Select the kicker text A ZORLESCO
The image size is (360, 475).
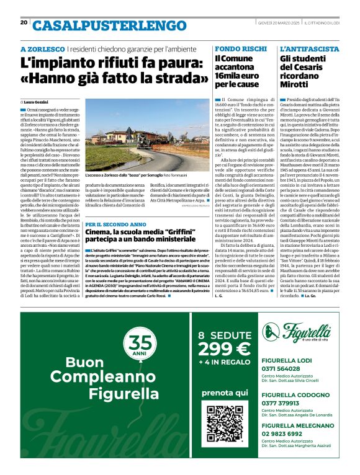pyautogui.click(x=42, y=49)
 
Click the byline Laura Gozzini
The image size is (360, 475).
pyautogui.click(x=38, y=101)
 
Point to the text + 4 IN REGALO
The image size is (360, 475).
pyautogui.click(x=223, y=363)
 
